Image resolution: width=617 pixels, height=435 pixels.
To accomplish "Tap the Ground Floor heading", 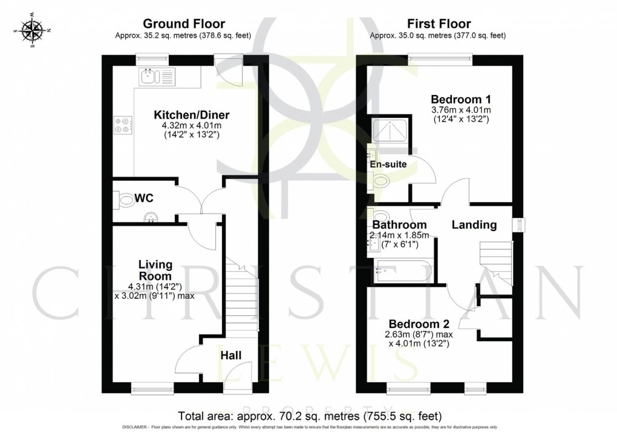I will coord(183,24).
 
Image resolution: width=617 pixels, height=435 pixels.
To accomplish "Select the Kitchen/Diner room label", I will coord(183,115).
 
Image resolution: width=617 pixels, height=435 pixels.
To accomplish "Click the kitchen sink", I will coord(156,76).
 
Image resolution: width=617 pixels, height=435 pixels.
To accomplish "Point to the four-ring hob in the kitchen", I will coord(121,124).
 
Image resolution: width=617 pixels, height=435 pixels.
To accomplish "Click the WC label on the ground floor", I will coord(143,198).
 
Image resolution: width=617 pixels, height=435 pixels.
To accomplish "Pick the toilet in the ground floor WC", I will coord(125,200).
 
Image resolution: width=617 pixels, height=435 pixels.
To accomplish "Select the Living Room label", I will coord(155,270).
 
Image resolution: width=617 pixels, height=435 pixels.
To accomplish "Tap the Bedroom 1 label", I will coord(460,99).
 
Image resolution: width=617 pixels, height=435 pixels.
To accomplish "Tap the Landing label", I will coord(475,225).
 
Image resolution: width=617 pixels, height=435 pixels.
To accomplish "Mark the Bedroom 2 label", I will coord(418,324).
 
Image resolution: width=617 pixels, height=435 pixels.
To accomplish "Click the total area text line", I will coord(310,416).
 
